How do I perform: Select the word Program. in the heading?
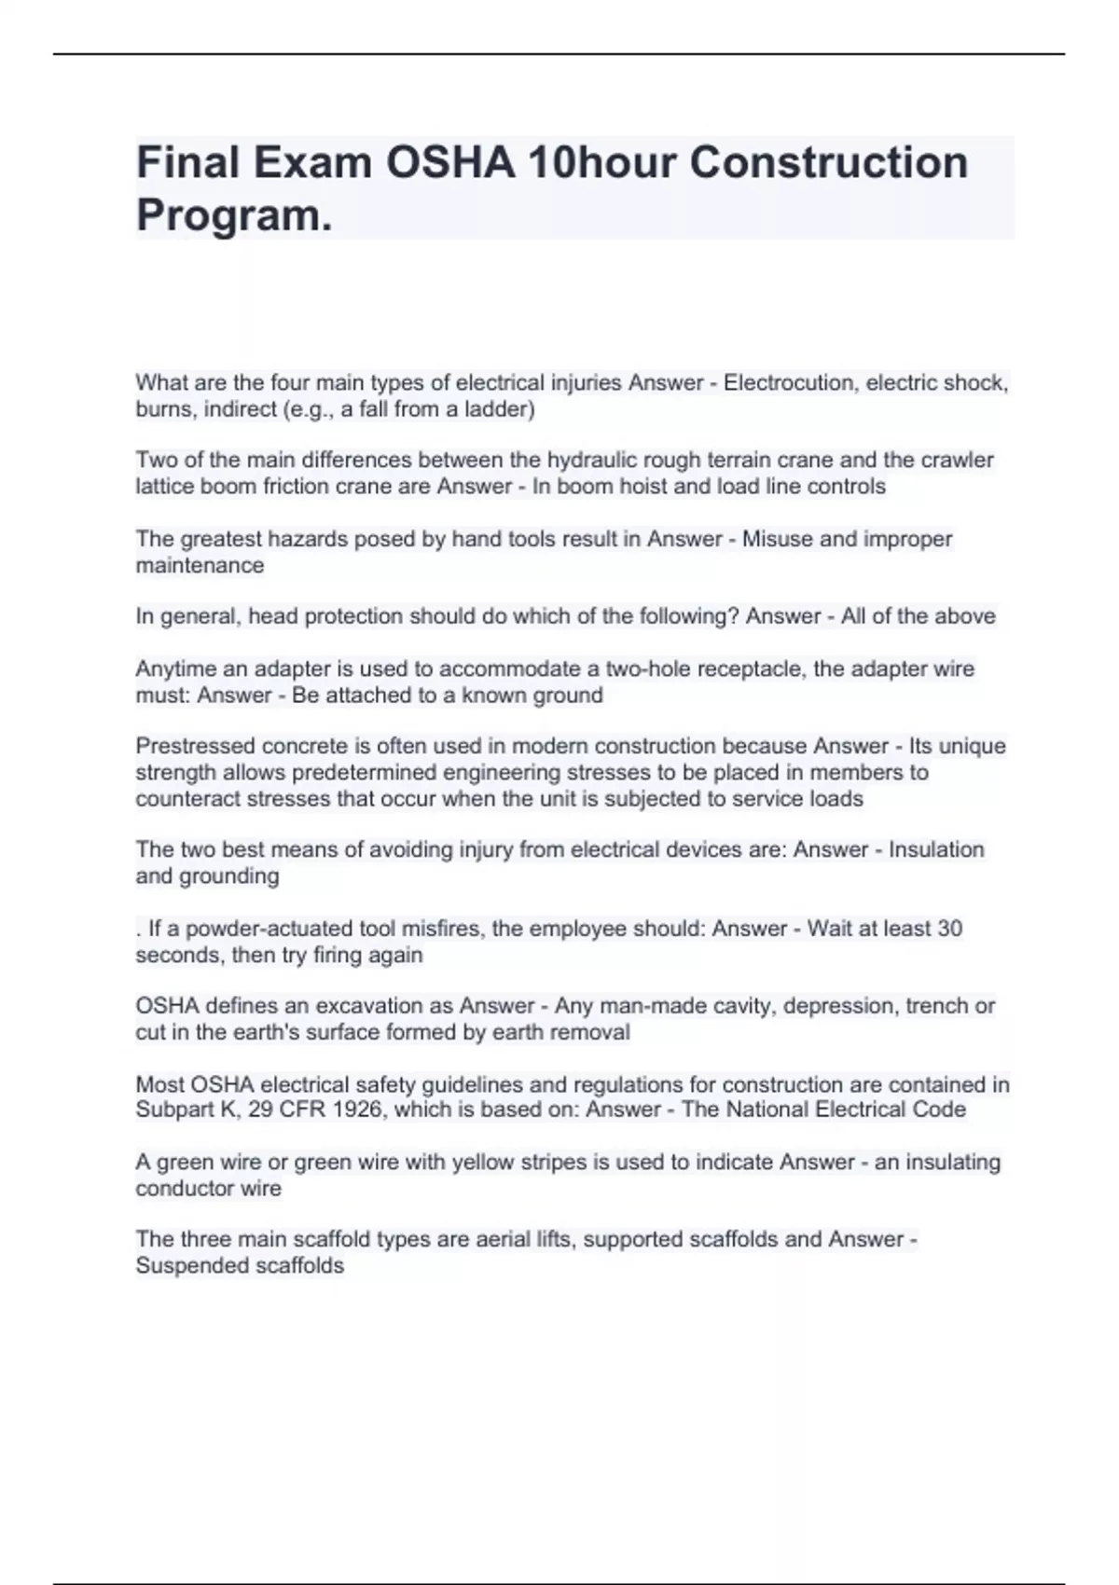pos(234,215)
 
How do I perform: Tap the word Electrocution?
pos(790,383)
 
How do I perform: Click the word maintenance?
pos(200,565)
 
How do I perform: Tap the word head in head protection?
pos(273,616)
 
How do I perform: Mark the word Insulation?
pos(936,849)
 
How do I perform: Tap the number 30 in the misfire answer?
pos(949,929)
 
